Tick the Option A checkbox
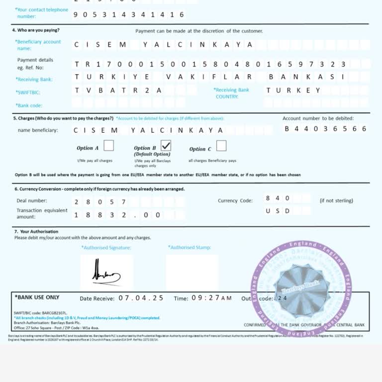108,146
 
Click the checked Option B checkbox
166,146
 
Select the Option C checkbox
221,146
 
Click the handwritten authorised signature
106,273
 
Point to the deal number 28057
100,202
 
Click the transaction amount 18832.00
117,215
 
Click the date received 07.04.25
141,298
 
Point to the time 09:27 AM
211,298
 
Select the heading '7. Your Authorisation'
36,232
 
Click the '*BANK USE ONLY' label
37,297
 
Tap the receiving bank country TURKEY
293,91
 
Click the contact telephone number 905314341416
128,15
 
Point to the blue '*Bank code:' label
29,105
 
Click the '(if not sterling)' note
336,201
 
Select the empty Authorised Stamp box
192,273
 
